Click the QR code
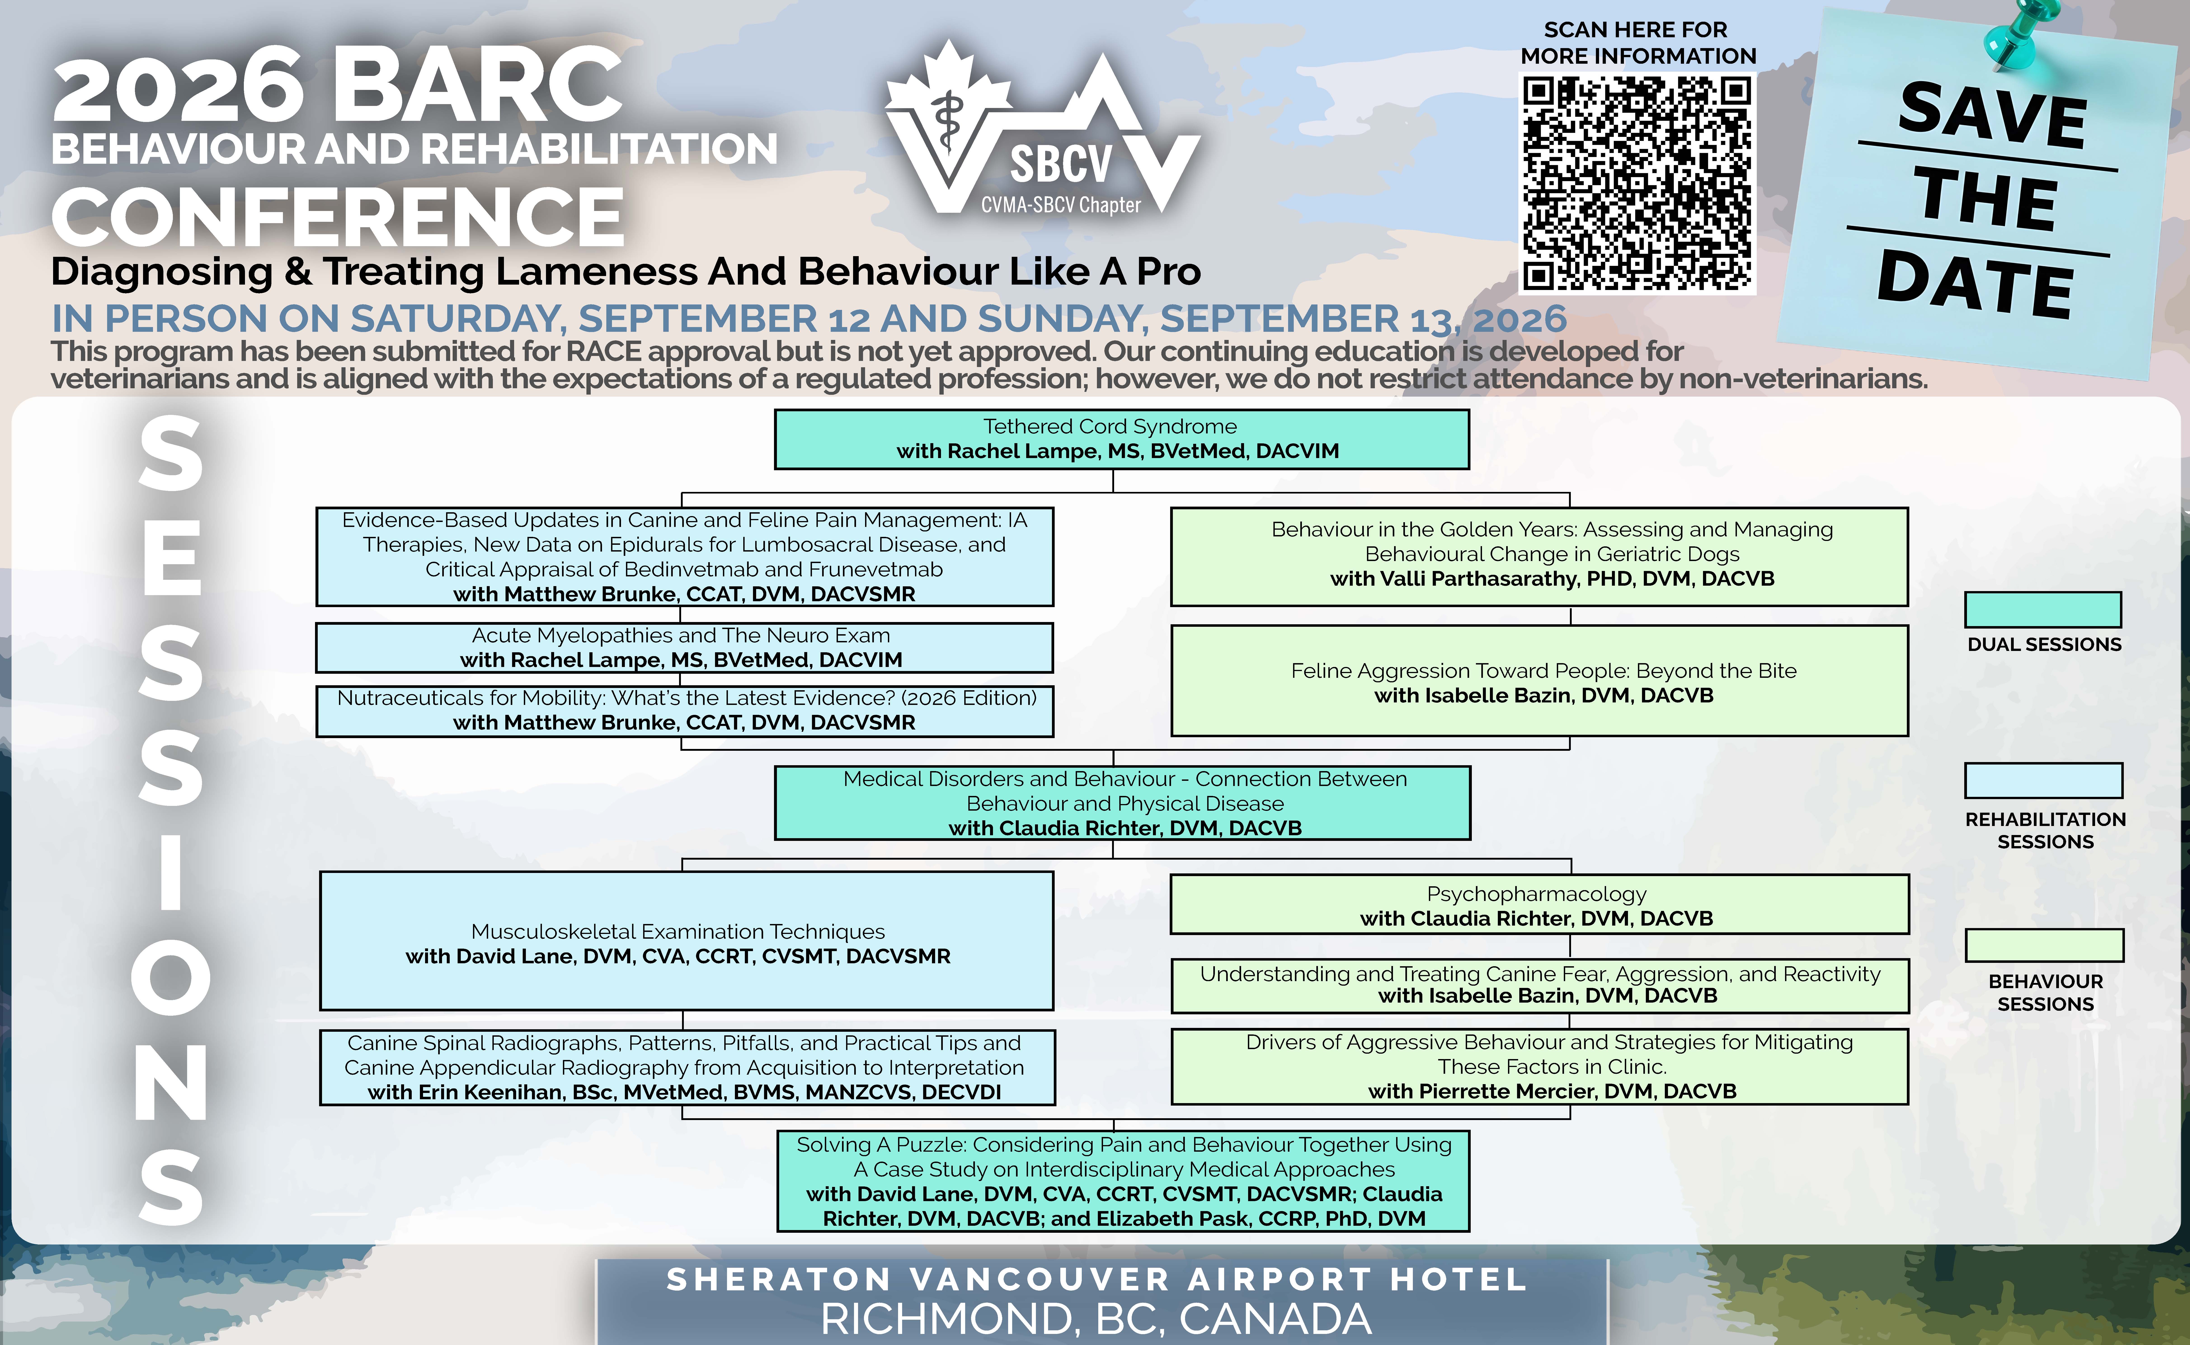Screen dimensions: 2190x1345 1637,183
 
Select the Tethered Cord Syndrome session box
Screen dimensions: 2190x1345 1121,439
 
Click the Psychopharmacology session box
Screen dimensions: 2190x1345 1539,905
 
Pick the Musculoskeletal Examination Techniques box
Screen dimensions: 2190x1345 686,941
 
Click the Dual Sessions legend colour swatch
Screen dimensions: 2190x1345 2043,609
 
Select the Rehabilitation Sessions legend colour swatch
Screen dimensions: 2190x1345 2043,780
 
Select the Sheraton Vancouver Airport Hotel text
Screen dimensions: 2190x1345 1096,1279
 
